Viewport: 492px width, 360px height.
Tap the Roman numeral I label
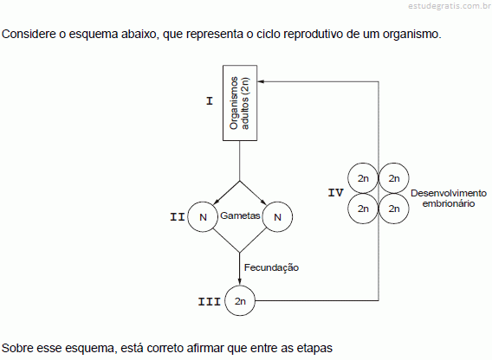[x=210, y=101]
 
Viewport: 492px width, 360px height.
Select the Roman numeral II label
[x=178, y=217]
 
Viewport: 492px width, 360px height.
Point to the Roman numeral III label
[x=210, y=302]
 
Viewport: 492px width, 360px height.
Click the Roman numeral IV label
[x=336, y=192]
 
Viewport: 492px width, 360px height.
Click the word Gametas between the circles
[x=240, y=215]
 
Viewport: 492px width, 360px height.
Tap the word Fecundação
[x=271, y=267]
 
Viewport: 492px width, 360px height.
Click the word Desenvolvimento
[x=449, y=193]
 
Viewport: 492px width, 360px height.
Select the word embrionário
[x=449, y=203]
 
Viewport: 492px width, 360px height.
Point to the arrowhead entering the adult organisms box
[x=261, y=81]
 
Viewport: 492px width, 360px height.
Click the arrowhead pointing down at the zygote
[x=240, y=282]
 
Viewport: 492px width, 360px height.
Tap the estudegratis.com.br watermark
[x=450, y=6]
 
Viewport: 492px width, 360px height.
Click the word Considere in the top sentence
[x=29, y=34]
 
